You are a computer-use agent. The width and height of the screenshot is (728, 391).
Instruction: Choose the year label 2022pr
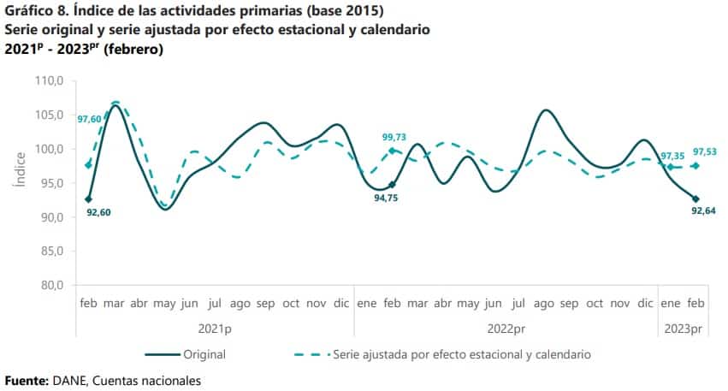click(x=505, y=328)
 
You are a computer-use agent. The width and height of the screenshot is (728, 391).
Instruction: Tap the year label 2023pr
click(x=684, y=328)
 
